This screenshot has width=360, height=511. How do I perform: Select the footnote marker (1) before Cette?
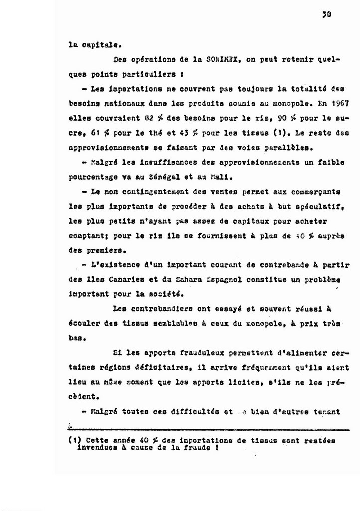[75, 441]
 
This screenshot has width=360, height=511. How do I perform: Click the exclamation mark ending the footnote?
[218, 448]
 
